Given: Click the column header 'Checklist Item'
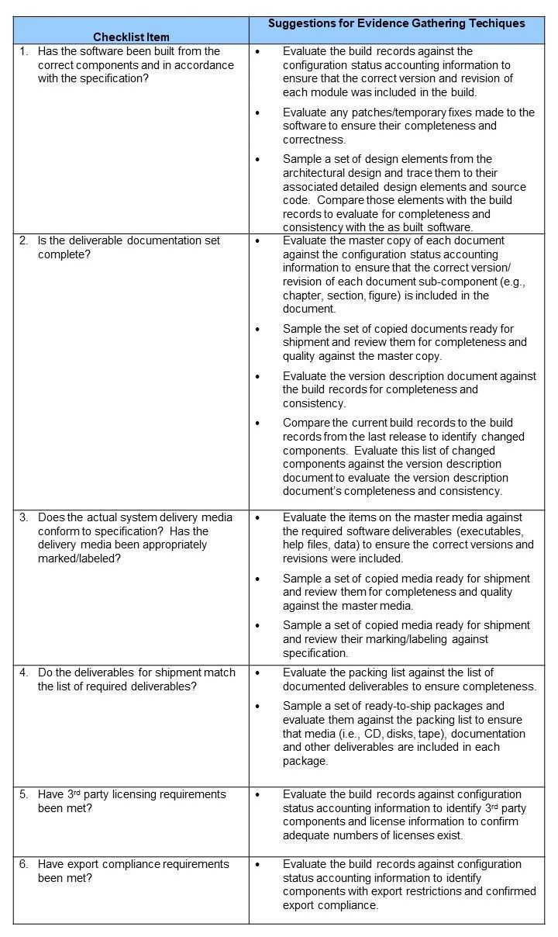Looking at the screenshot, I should coord(131,36).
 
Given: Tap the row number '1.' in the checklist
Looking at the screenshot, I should coord(24,51).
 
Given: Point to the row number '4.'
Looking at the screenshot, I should coord(24,672).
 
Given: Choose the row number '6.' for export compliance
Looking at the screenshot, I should coord(24,864).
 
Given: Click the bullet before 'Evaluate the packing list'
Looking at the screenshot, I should coord(258,672).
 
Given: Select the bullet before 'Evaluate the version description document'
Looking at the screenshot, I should coord(258,376).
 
